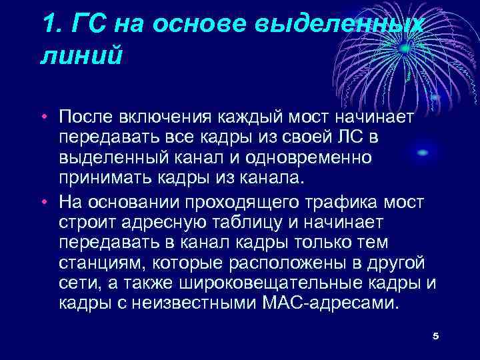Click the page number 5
435,335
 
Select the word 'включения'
164,118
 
